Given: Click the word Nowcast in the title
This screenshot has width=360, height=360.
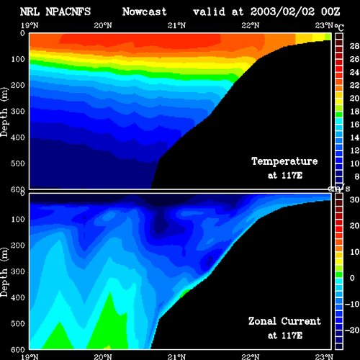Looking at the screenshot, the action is tap(145, 12).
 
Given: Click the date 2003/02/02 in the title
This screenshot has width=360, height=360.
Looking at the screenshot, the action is tap(282, 12).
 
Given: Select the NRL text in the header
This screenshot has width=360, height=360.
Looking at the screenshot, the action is tap(30, 12).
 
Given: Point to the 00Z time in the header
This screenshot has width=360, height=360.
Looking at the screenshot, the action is tap(330, 12).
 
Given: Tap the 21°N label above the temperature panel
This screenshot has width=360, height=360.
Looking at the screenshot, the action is tap(176, 25).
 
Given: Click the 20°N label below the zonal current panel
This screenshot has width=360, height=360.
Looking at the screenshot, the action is tap(103, 356).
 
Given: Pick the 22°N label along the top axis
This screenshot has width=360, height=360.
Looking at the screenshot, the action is tap(251, 25).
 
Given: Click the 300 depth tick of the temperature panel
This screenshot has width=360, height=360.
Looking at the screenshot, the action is tap(18, 112).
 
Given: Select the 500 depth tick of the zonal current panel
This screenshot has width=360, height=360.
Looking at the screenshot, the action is tap(18, 323).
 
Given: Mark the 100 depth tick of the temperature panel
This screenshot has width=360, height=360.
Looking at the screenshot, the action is tap(18, 59).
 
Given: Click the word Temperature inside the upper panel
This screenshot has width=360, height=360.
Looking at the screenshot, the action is tap(284, 161).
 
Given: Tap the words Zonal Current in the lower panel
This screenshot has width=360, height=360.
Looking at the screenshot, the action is tap(284, 321).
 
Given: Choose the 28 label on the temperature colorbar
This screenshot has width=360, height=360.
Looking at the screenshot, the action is tap(354, 46).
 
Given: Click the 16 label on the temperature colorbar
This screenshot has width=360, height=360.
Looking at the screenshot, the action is tap(354, 125).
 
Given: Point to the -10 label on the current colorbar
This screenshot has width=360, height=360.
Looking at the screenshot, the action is tap(352, 304).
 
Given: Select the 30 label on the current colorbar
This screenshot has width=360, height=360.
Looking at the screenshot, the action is tap(354, 199).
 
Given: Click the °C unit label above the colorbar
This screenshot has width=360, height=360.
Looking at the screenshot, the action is tap(339, 27).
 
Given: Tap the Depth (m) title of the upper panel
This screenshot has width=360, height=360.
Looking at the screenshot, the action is tap(4, 112).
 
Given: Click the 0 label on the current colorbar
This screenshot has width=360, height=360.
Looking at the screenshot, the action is tap(352, 278).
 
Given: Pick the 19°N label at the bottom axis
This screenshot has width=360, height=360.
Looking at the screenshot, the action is tap(30, 356).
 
